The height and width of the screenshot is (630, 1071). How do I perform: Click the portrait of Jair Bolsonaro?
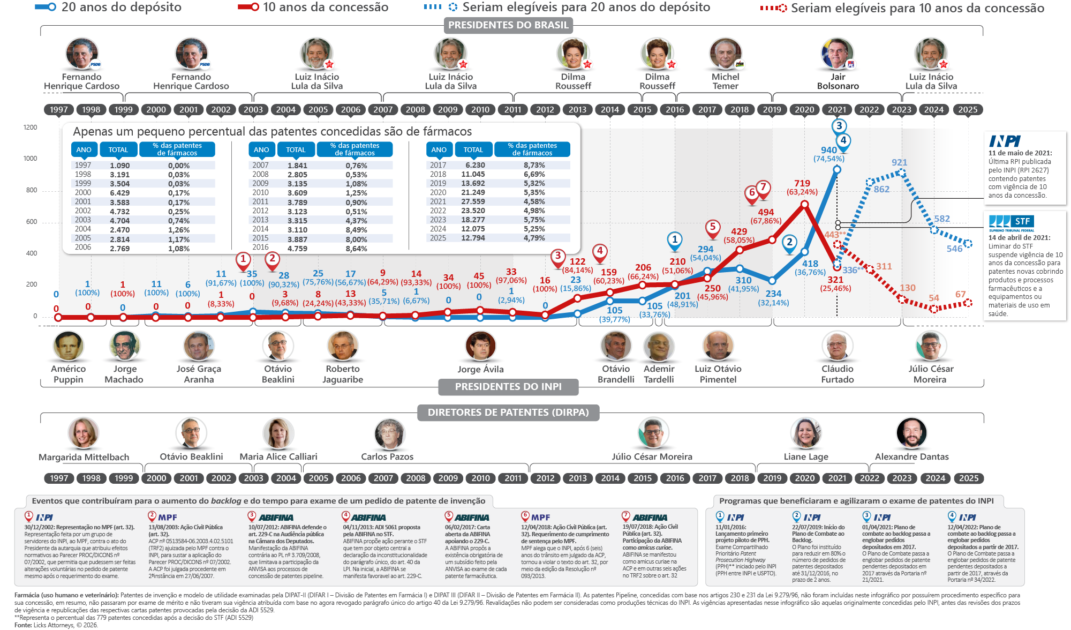point(838,54)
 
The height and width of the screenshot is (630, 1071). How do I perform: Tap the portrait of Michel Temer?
point(726,54)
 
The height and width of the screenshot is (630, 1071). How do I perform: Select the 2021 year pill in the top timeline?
point(837,109)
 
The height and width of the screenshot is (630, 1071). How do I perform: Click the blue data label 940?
point(828,150)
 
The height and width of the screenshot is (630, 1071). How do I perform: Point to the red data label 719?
point(802,183)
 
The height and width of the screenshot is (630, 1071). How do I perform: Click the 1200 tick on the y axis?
point(31,127)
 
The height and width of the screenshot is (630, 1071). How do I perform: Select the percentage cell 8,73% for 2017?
point(534,165)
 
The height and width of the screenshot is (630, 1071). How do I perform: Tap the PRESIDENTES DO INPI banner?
point(508,387)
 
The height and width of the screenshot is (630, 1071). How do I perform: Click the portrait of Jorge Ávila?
point(480,346)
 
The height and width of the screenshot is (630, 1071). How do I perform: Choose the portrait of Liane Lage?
point(806,433)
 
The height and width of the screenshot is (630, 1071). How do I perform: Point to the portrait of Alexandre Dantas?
point(911,433)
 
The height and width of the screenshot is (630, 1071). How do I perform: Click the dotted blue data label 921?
point(899,162)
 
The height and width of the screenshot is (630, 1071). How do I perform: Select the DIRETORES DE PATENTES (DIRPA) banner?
point(508,412)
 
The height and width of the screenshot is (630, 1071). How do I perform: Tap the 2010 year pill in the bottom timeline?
point(480,478)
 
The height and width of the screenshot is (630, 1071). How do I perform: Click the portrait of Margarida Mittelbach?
point(84,433)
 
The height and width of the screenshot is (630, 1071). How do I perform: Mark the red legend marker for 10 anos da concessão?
point(248,7)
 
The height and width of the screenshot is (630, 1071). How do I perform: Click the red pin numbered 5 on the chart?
point(712,228)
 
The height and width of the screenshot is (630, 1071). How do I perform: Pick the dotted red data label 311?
point(884,266)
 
